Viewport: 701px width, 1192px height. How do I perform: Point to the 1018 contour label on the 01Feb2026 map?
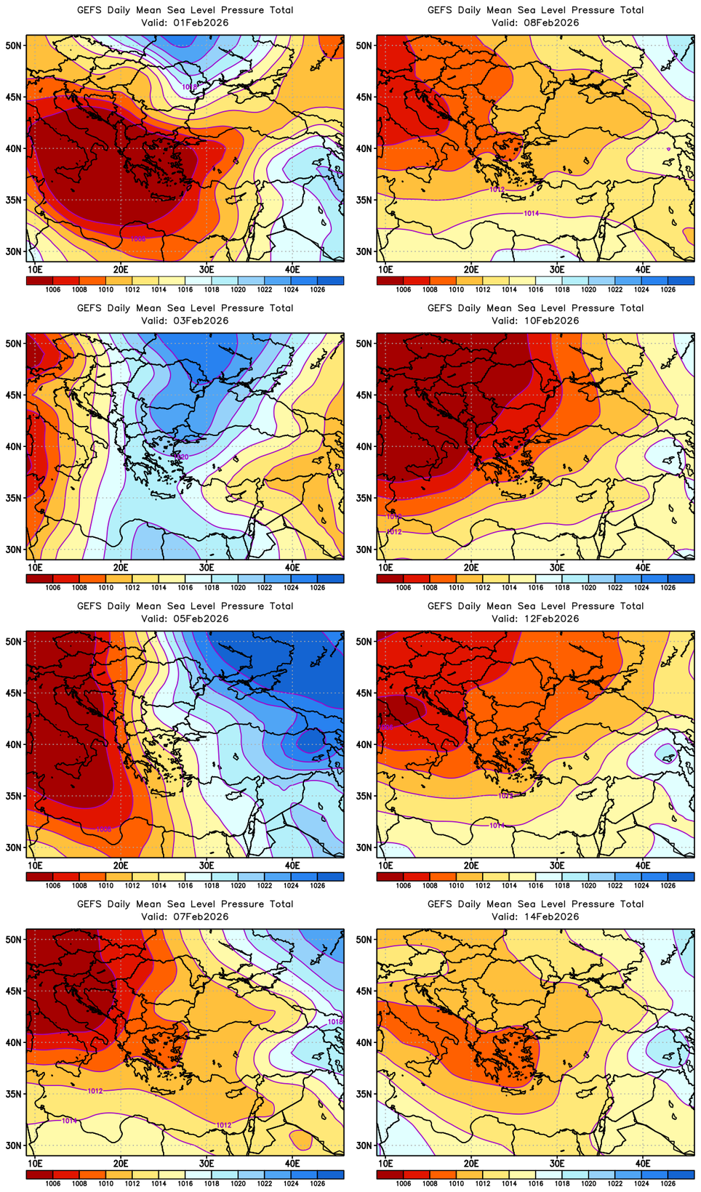pyautogui.click(x=189, y=86)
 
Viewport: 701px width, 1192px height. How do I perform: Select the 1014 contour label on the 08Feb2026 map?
pyautogui.click(x=532, y=213)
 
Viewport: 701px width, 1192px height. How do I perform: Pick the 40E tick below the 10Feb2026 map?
pyautogui.click(x=643, y=567)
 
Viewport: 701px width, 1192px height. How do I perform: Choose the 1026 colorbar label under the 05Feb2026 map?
pyautogui.click(x=318, y=885)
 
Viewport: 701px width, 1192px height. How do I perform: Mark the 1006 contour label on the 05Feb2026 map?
pyautogui.click(x=104, y=829)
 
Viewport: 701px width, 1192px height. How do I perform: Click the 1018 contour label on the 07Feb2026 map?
pyautogui.click(x=335, y=1022)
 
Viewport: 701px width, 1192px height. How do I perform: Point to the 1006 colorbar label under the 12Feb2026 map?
pyautogui.click(x=404, y=885)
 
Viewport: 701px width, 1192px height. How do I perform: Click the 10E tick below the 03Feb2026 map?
pyautogui.click(x=35, y=567)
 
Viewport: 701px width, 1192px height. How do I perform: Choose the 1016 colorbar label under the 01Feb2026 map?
pyautogui.click(x=185, y=289)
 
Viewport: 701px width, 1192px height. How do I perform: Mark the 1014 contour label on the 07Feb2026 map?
pyautogui.click(x=69, y=1121)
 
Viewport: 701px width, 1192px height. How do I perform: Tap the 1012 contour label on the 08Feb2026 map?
pyautogui.click(x=497, y=189)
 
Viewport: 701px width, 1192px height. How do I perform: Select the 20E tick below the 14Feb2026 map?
pyautogui.click(x=471, y=1163)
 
